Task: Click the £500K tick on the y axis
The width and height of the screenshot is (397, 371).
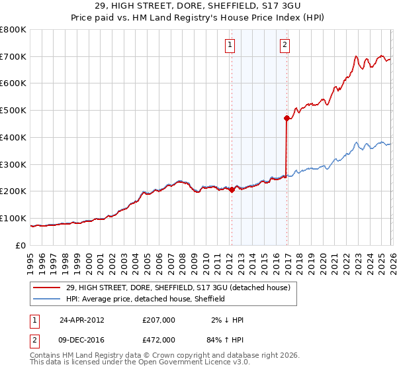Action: (x=13, y=110)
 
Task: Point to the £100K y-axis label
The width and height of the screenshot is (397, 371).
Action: (x=13, y=218)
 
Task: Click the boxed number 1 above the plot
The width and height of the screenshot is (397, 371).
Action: (x=230, y=45)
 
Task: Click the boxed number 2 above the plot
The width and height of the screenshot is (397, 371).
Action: (x=285, y=45)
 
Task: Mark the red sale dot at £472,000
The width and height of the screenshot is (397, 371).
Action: (x=287, y=118)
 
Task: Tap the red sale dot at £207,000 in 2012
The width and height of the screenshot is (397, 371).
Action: (x=232, y=189)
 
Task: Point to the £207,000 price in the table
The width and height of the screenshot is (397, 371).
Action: (x=158, y=319)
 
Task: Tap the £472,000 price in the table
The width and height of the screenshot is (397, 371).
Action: (x=158, y=339)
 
